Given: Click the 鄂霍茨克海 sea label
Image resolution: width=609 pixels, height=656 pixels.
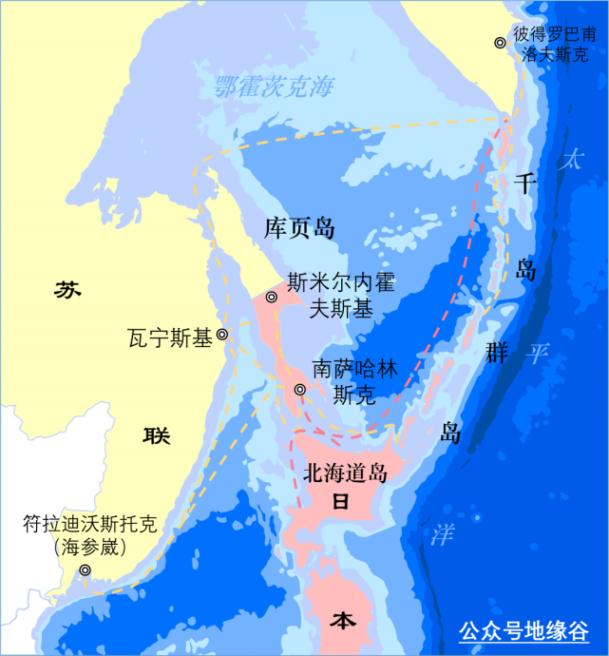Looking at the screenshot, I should point(274,87).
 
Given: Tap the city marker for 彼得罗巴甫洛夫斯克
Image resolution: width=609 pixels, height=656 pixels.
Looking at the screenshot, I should point(500,43).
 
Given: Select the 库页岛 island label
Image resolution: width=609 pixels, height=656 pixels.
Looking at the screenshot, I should point(299,227).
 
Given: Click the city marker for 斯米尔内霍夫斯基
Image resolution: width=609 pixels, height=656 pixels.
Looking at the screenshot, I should point(271,298).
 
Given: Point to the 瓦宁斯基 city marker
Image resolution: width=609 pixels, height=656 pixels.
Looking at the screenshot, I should point(221,335).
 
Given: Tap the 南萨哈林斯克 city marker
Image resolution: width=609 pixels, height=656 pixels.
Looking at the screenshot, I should point(299,389).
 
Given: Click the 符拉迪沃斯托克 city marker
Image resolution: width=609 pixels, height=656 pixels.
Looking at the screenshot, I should point(85,570).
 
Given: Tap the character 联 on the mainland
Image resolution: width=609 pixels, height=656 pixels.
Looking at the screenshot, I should point(156,435).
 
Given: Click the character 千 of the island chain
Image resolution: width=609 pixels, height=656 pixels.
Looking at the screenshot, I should point(525,183).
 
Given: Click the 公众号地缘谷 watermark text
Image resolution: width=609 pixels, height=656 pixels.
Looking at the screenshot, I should point(523,630).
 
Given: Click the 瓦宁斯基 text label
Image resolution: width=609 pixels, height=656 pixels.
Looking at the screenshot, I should point(169,337).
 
